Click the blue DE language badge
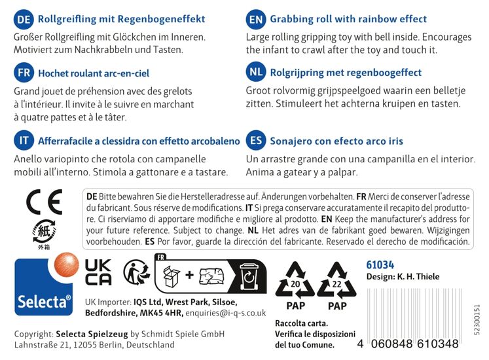(x=24, y=20)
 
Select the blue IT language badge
(x=24, y=141)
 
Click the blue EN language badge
(x=255, y=20)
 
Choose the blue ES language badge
(x=255, y=141)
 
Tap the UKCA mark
(x=98, y=271)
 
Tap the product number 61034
(x=380, y=264)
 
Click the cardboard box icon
(x=172, y=276)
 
